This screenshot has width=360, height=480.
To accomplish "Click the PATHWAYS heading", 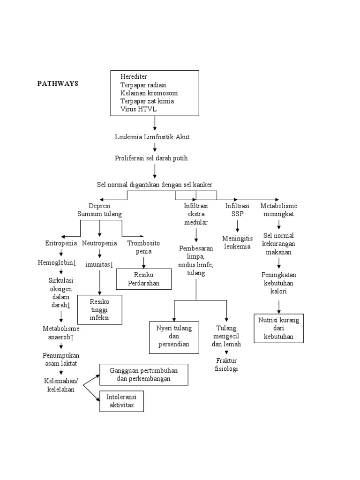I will tap(58, 84).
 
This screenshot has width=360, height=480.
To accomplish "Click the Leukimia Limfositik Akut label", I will tap(152, 137).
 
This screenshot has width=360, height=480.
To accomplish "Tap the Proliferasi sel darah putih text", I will tap(151, 158).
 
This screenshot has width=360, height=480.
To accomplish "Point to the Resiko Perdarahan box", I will tap(144, 279).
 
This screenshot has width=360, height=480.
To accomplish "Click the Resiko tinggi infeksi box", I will tap(99, 309).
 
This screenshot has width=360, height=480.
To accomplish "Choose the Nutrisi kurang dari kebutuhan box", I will tap(279, 328).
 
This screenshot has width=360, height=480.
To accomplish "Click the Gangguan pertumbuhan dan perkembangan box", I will tap(144, 375).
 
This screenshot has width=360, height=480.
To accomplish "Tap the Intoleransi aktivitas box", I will tap(122, 401).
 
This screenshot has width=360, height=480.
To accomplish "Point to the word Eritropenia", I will tap(61, 243).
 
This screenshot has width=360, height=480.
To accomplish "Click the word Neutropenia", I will tap(99, 243).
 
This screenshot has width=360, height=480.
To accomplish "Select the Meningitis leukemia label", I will tap(237, 243).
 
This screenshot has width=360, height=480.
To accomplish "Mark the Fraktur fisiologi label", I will tap(227, 364).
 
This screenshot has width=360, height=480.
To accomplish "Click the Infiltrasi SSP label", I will tap(237, 210).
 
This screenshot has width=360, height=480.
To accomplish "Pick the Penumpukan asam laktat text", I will tap(61, 360).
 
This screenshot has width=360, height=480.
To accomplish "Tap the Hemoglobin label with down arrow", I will tap(57, 263).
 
